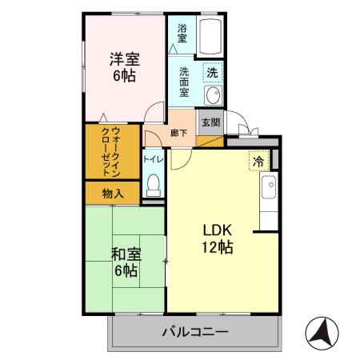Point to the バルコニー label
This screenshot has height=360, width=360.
pos(195,331)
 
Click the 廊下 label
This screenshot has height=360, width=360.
pos(178,133)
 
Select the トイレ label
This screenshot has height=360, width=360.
pos(154,160)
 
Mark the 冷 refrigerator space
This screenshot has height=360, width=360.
pos(258,161)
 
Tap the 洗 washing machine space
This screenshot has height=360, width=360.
pos(212,73)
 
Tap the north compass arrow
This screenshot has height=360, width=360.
pos(323,330)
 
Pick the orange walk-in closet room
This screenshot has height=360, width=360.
pos(112,152)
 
